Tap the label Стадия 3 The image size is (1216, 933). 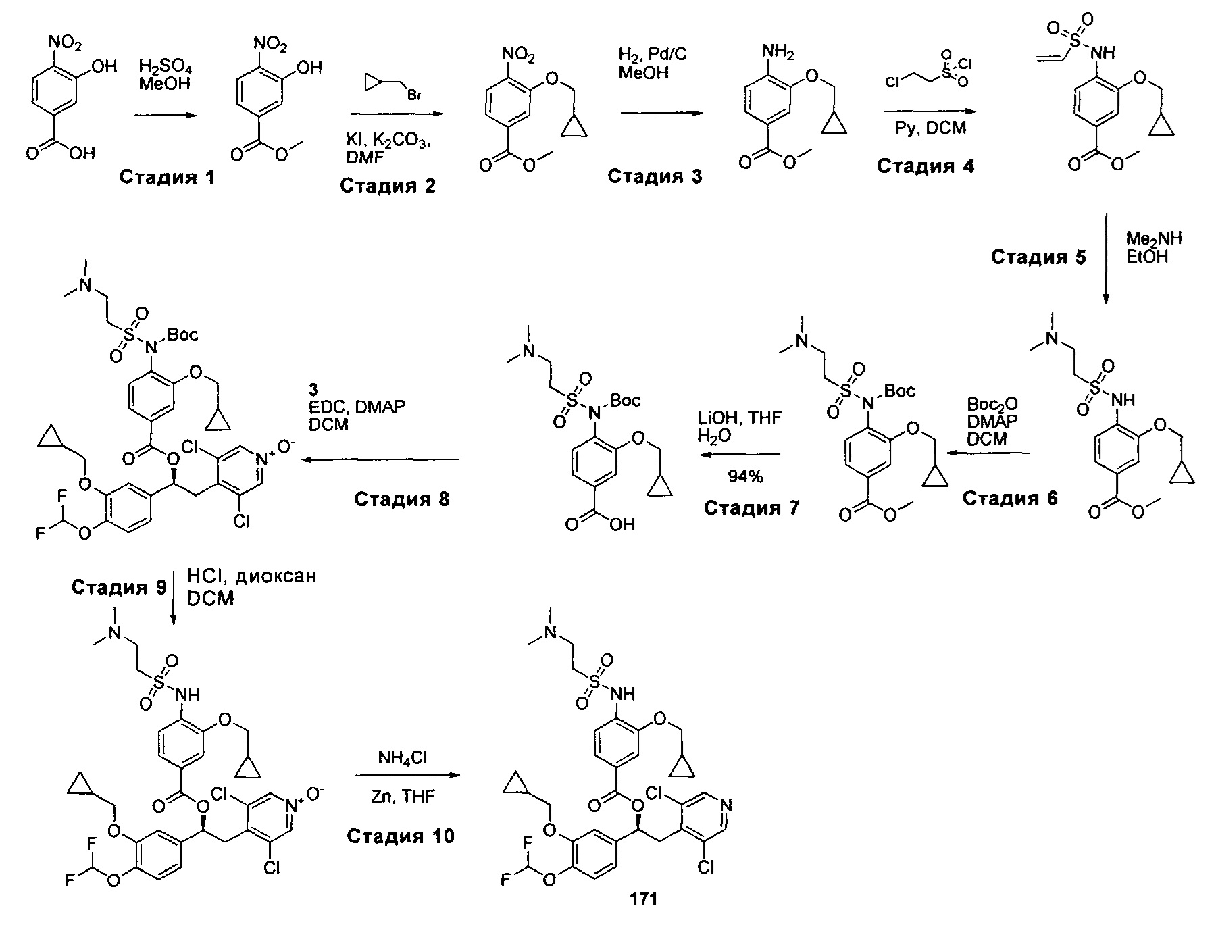coord(655,176)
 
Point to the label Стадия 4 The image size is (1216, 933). coord(926,166)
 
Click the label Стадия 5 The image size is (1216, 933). coord(1039,257)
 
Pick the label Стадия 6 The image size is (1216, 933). coord(1010,499)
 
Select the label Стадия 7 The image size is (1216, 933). coord(751,507)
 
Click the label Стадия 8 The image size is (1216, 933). coord(401,499)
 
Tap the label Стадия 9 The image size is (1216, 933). coord(119,587)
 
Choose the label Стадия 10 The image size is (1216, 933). coord(401,836)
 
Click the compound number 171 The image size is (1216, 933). coord(643,899)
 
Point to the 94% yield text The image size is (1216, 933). coord(745,477)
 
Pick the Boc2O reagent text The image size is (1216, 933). coord(993,405)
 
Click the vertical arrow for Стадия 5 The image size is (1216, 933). coord(1105,259)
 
